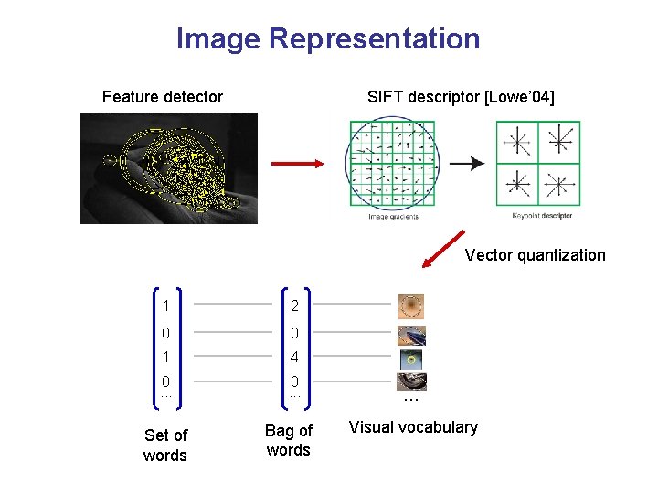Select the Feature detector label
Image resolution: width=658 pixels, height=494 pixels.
pos(163,97)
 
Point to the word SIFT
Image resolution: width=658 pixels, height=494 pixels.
pos(387,97)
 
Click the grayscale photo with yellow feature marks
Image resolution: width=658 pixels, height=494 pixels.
pos(169,167)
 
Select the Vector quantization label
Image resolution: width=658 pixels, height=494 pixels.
pos(535,255)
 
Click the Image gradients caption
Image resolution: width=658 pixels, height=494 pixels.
pos(392,217)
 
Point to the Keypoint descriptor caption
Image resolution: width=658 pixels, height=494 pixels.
pos(542,216)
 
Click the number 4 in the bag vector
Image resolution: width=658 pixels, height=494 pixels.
pos(294,357)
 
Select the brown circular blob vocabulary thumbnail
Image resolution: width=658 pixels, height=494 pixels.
pos(412,306)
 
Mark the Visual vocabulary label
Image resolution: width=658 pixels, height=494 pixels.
pos(413,427)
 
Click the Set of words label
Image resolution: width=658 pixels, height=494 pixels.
pos(165,446)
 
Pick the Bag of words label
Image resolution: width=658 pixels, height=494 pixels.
pos(289,440)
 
